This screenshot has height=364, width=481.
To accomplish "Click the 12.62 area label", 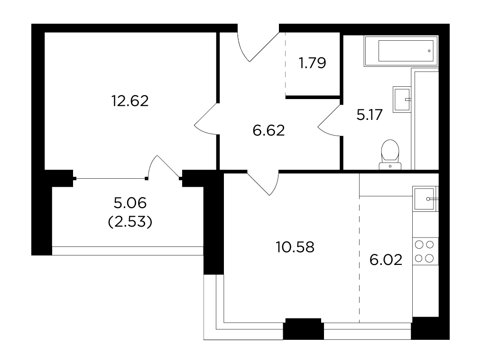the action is [130, 101].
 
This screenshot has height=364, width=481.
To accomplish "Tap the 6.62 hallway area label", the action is [268, 130].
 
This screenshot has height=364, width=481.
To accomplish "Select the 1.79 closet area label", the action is [312, 63].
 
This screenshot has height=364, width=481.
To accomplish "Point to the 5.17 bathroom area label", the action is [370, 115].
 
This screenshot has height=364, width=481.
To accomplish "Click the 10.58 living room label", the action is [295, 247].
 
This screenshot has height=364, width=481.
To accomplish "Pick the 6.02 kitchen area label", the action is [386, 260].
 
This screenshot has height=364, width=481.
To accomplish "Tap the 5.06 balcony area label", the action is [130, 203].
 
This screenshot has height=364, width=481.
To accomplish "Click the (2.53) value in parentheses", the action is [130, 222].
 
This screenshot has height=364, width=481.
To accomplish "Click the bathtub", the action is [401, 51].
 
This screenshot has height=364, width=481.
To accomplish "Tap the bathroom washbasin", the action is [402, 99].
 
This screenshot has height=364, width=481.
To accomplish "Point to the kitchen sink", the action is [425, 199].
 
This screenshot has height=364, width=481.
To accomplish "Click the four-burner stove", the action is [425, 252].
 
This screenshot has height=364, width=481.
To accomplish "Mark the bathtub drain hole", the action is [429, 51].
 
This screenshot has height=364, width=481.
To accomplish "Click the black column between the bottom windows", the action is [304, 329].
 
